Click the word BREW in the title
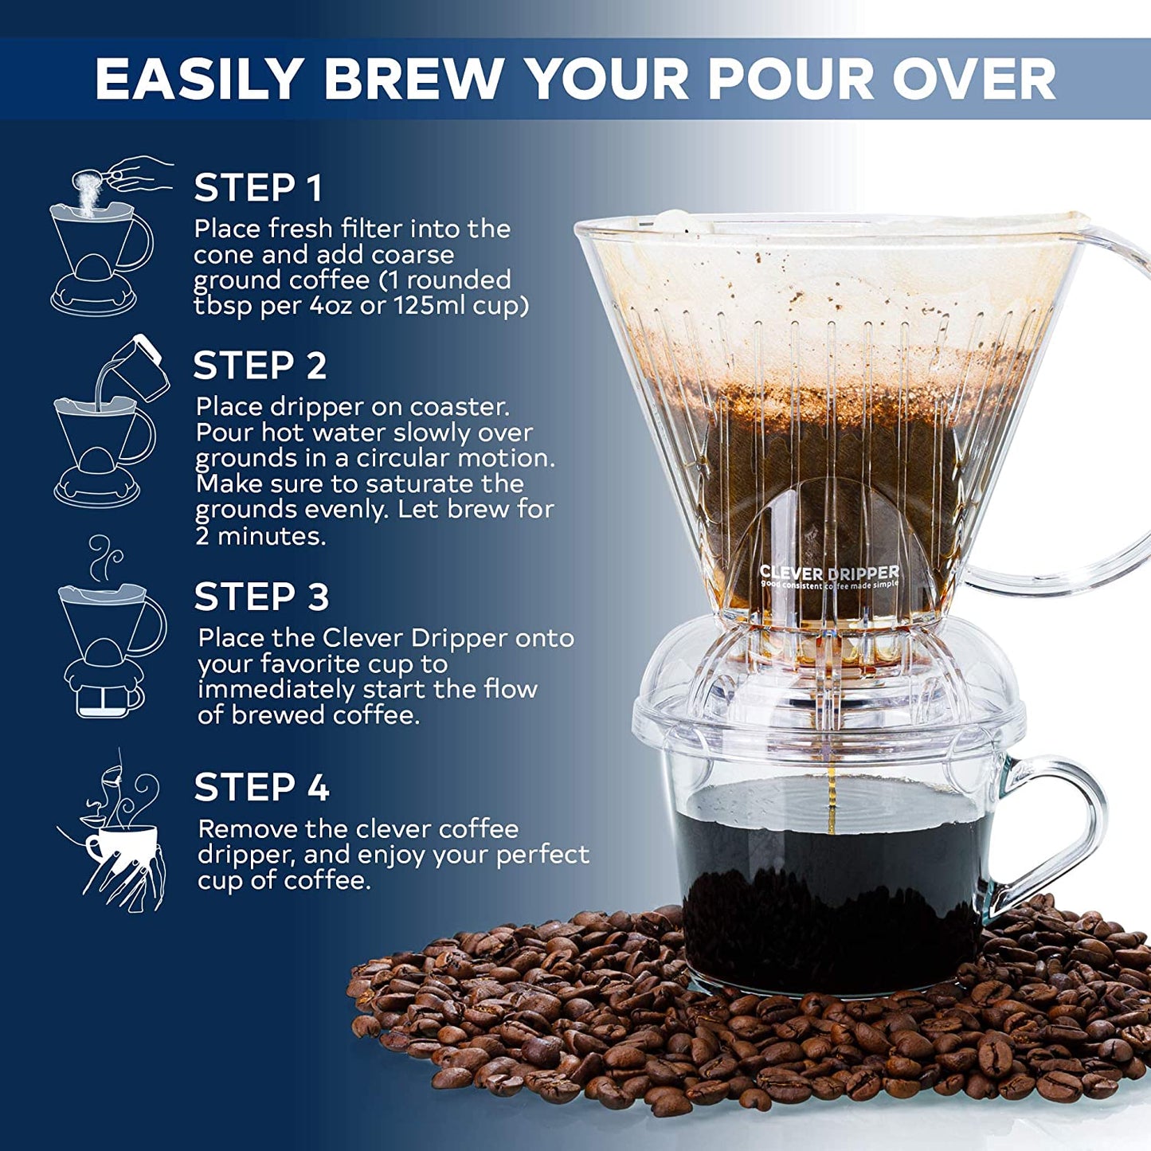tap(413, 79)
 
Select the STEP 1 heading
tap(258, 188)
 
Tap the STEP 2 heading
tap(260, 366)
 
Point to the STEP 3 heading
tap(261, 597)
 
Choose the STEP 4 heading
tap(261, 788)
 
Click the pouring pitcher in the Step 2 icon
tap(139, 367)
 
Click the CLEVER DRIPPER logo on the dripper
tap(828, 573)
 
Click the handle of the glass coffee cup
tap(1059, 828)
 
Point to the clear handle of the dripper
tap(1115, 414)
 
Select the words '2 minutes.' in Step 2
tap(261, 535)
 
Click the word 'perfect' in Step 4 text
tap(542, 855)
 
